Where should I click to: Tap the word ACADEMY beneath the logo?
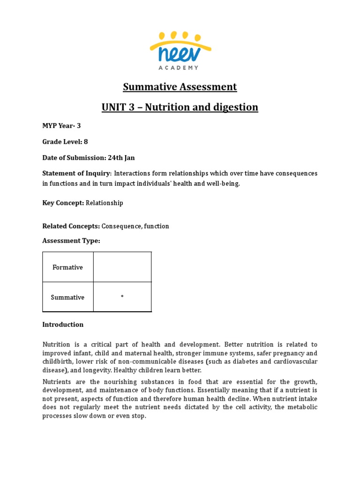coord(180,68)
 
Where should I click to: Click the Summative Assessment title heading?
coord(180,87)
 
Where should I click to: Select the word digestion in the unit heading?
coord(235,107)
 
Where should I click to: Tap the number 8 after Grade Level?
coord(86,142)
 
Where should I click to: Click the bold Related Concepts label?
coord(71,226)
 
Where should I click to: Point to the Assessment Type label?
coord(71,240)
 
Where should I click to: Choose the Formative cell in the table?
coord(67,267)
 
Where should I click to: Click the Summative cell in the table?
coord(67,297)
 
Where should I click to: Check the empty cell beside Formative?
coord(122,267)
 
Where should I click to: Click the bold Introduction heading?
coord(63,324)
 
